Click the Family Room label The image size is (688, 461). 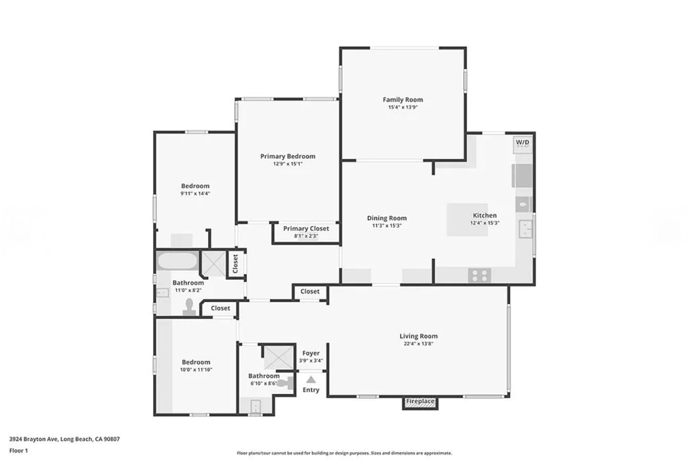coord(403,100)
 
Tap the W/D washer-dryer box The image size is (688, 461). coord(522,144)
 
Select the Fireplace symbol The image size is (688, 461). coord(420,402)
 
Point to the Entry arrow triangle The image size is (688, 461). coord(311,379)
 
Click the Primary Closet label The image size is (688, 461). coord(306,229)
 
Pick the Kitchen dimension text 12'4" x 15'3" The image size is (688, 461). coord(484,223)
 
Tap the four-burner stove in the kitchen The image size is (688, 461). coord(479,275)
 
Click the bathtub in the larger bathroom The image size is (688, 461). coord(177,261)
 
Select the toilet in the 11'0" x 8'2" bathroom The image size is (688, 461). coord(189,307)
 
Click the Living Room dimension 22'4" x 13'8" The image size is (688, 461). coord(419,344)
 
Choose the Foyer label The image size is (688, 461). coord(311,353)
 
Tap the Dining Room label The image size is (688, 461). coord(387,218)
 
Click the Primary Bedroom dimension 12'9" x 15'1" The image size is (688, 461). coord(288,164)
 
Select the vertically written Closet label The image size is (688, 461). coord(235,264)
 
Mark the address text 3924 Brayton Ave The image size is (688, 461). coord(33,439)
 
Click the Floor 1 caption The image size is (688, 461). coord(19,451)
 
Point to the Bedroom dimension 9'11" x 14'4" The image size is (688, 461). coord(195,193)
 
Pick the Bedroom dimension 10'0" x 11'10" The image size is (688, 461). coord(196,370)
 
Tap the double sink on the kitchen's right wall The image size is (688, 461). coord(525,229)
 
